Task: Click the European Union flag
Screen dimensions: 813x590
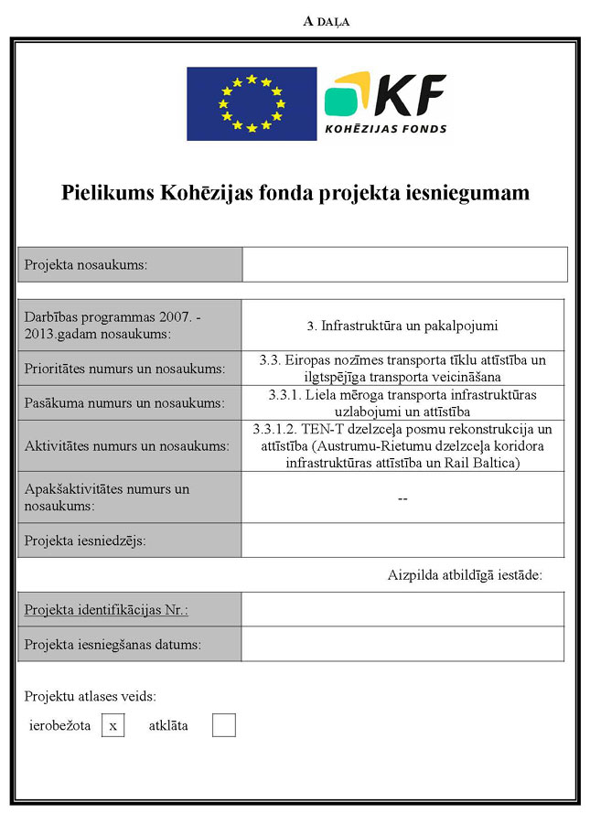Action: [x=252, y=103]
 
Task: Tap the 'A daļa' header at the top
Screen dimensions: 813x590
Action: [x=326, y=21]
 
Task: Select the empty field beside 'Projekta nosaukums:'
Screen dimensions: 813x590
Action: [x=404, y=264]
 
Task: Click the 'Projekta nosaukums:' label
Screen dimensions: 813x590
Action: [x=86, y=265]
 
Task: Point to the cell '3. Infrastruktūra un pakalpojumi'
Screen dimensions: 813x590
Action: [x=402, y=325]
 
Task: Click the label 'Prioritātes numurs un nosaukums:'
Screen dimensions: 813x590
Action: [x=125, y=369]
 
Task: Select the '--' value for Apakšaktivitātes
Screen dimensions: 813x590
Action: [x=402, y=497]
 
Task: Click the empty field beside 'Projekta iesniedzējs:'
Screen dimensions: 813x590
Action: [x=402, y=540]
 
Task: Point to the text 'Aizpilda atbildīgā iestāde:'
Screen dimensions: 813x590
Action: [x=465, y=575]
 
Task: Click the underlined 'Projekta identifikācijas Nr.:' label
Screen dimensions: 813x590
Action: [x=113, y=609]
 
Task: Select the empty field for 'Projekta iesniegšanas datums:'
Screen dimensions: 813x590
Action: [x=402, y=644]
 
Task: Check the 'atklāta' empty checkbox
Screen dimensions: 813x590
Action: [x=223, y=725]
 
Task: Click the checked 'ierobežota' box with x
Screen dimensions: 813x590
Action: [x=113, y=725]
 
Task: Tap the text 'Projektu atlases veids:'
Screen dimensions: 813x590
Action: [x=91, y=696]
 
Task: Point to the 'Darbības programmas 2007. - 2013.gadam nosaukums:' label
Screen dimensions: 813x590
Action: [x=114, y=325]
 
